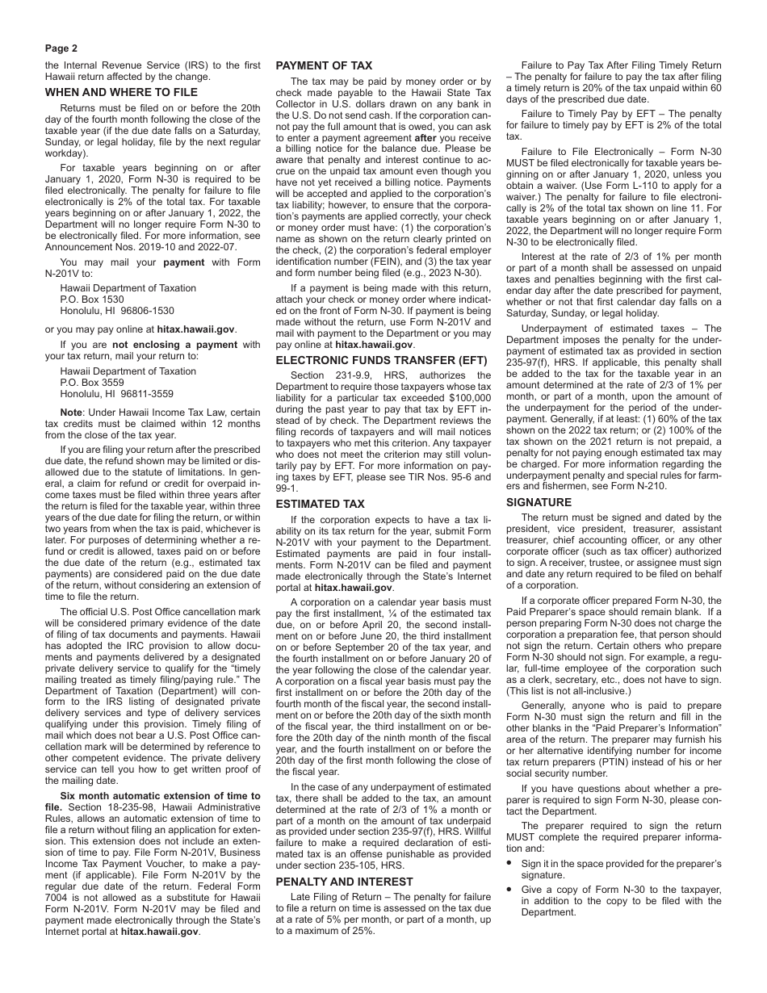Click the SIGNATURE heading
pyautogui.click(x=539, y=502)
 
